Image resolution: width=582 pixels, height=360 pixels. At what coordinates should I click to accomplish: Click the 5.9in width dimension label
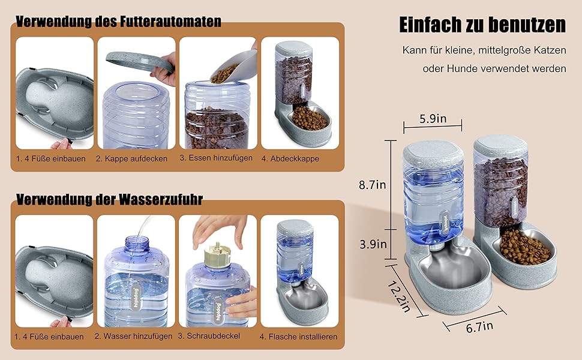pyautogui.click(x=433, y=119)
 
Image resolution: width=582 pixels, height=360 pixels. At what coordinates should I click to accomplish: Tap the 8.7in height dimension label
pyautogui.click(x=372, y=184)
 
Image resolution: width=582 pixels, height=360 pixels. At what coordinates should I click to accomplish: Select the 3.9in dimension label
pyautogui.click(x=373, y=244)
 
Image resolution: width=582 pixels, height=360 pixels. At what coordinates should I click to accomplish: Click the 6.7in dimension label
pyautogui.click(x=480, y=327)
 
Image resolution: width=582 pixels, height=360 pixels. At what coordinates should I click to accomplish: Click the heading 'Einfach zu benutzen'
pyautogui.click(x=482, y=25)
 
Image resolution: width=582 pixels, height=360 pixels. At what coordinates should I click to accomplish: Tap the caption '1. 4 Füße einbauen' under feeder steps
pyautogui.click(x=51, y=158)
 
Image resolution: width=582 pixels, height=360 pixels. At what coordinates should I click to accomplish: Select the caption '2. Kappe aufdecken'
pyautogui.click(x=131, y=158)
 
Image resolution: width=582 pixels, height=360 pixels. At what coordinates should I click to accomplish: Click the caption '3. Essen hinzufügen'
pyautogui.click(x=216, y=158)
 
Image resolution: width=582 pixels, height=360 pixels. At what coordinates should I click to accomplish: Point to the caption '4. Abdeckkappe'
pyautogui.click(x=290, y=158)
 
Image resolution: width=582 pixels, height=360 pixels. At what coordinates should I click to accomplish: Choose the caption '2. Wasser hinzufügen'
pyautogui.click(x=133, y=336)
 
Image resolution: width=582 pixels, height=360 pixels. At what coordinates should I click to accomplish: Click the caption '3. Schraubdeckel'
pyautogui.click(x=209, y=336)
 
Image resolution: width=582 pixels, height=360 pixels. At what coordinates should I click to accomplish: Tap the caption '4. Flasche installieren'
pyautogui.click(x=298, y=337)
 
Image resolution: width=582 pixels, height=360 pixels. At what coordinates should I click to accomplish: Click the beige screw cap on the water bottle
pyautogui.click(x=218, y=254)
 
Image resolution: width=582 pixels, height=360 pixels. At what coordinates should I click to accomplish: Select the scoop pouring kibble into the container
pyautogui.click(x=234, y=67)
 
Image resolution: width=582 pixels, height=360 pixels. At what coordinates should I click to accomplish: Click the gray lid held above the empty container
pyautogui.click(x=140, y=61)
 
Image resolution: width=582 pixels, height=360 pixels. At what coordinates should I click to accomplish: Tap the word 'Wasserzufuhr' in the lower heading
pyautogui.click(x=161, y=199)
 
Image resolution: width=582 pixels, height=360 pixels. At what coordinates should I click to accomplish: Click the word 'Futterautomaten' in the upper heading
pyautogui.click(x=171, y=21)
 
